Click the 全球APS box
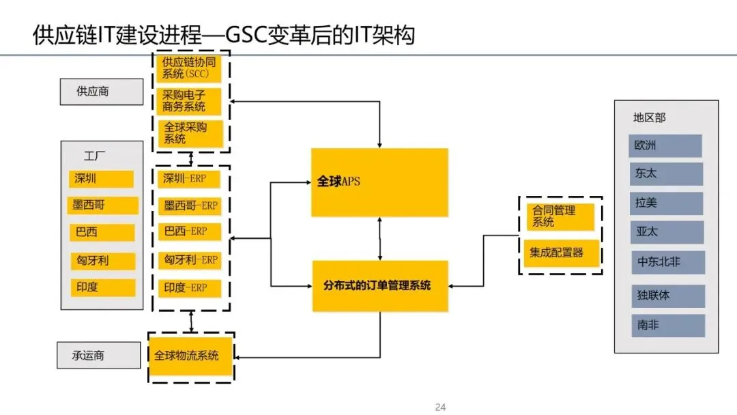(379, 182)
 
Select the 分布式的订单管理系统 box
(379, 286)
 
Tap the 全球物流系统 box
(190, 356)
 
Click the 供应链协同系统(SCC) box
(191, 69)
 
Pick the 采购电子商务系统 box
(191, 101)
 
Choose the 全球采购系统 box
(191, 133)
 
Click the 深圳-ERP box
(190, 180)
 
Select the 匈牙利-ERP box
(190, 260)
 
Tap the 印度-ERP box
(190, 287)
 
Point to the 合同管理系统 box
(560, 216)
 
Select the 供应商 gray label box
(101, 91)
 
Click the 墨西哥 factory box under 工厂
(103, 205)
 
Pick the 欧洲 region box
(665, 145)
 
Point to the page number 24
(440, 407)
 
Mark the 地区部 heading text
(649, 117)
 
